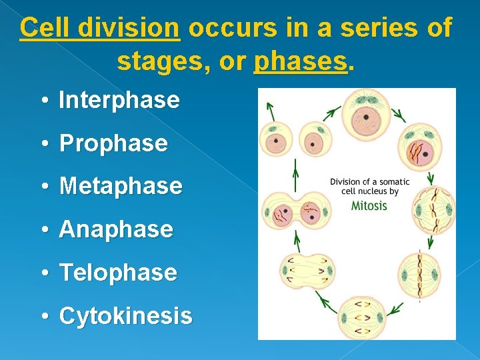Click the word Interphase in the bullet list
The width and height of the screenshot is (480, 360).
tap(119, 101)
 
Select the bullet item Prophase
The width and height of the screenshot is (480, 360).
tap(113, 143)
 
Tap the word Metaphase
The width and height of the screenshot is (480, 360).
tap(121, 186)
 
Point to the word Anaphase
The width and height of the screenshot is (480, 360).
tap(116, 229)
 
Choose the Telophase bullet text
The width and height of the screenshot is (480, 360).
tap(118, 273)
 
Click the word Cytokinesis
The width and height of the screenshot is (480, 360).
tap(125, 316)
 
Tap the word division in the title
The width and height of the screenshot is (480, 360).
tap(137, 28)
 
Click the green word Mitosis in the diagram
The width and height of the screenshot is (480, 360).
tap(369, 205)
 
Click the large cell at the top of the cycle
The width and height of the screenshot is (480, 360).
tap(365, 114)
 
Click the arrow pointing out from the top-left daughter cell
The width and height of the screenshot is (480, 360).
tap(269, 110)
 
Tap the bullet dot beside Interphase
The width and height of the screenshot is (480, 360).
tap(42, 101)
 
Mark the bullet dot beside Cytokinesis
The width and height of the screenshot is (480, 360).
tap(42, 317)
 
